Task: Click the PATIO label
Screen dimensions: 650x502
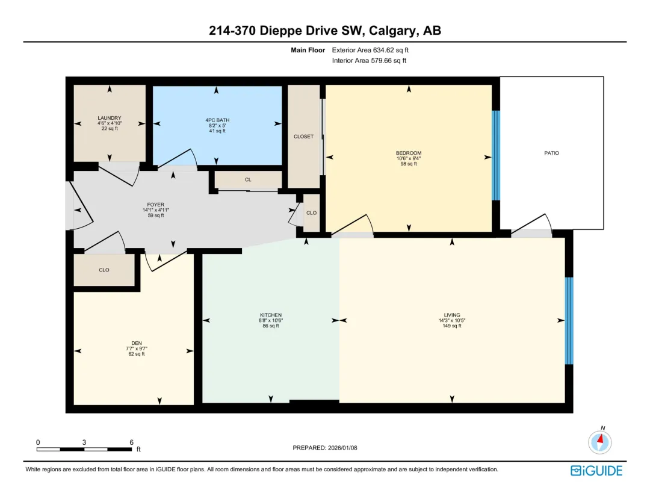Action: pyautogui.click(x=551, y=153)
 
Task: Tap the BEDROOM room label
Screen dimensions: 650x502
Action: pyautogui.click(x=408, y=153)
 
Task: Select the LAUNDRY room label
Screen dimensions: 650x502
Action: pyautogui.click(x=110, y=118)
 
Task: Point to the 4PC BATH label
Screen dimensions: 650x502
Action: pyautogui.click(x=217, y=120)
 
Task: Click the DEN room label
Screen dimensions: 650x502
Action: pyautogui.click(x=137, y=343)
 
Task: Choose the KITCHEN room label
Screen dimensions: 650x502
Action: pyautogui.click(x=271, y=315)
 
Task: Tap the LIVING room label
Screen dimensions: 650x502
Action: pyautogui.click(x=452, y=315)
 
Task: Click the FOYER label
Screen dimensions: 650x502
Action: pyautogui.click(x=155, y=205)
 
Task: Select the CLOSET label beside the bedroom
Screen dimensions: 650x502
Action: pyautogui.click(x=303, y=137)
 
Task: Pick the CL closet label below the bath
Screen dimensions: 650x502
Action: pyautogui.click(x=248, y=179)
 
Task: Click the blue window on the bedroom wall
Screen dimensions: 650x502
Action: pyautogui.click(x=496, y=155)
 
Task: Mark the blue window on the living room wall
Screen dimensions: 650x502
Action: pyautogui.click(x=569, y=321)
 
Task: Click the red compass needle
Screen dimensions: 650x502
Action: pyautogui.click(x=601, y=438)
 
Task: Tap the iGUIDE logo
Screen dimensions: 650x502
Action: pyautogui.click(x=596, y=471)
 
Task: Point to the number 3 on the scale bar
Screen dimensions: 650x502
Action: pyautogui.click(x=84, y=442)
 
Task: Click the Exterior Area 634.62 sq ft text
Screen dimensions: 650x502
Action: pyautogui.click(x=370, y=50)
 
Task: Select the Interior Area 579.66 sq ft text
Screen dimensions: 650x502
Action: pyautogui.click(x=369, y=61)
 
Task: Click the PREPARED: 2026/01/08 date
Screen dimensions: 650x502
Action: pyautogui.click(x=325, y=448)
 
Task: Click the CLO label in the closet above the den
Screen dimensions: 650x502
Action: pyautogui.click(x=104, y=270)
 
